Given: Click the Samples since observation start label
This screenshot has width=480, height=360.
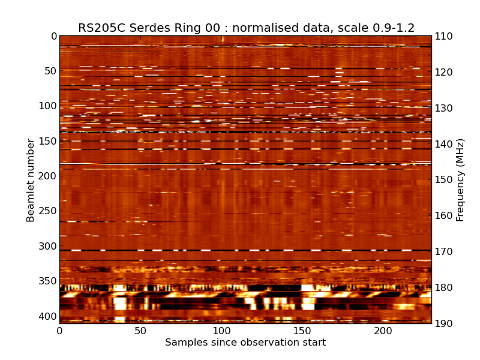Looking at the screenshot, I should (245, 343).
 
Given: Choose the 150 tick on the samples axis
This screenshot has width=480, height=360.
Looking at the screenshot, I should (302, 331).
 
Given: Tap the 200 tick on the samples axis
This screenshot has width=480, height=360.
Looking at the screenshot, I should (383, 331).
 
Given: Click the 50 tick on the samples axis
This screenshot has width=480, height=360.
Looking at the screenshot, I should (140, 331).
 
